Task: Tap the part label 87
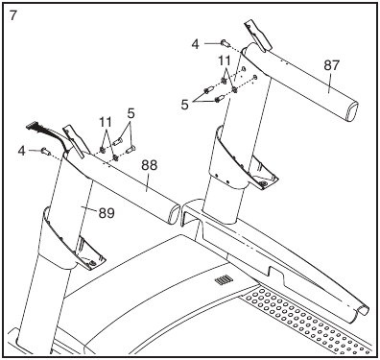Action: [331, 65]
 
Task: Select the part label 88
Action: [149, 165]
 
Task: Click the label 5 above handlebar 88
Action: [131, 124]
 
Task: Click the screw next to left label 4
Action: [46, 151]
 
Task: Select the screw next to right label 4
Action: [224, 42]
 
